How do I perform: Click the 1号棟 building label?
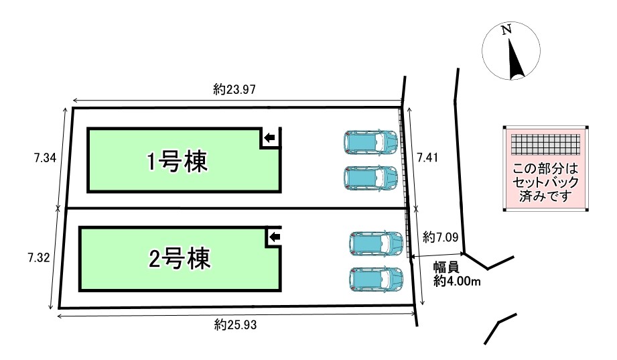[177, 162]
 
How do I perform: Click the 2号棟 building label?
[180, 259]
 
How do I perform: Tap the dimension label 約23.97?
[234, 89]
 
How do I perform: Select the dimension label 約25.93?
[235, 324]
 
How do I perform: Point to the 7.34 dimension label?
[46, 158]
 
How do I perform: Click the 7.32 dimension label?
[39, 258]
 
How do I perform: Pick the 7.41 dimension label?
[427, 158]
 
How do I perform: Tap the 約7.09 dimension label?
[440, 237]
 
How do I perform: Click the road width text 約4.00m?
[457, 281]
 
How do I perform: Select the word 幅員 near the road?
[446, 267]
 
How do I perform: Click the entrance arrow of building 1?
[269, 138]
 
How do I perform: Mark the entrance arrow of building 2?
[275, 237]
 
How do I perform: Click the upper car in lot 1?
[370, 142]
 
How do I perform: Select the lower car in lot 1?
[370, 178]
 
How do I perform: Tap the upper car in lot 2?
[376, 243]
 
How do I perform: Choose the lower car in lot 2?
[376, 280]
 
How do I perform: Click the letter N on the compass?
[506, 29]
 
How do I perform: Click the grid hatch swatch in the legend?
[545, 145]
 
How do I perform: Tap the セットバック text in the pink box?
[545, 182]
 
